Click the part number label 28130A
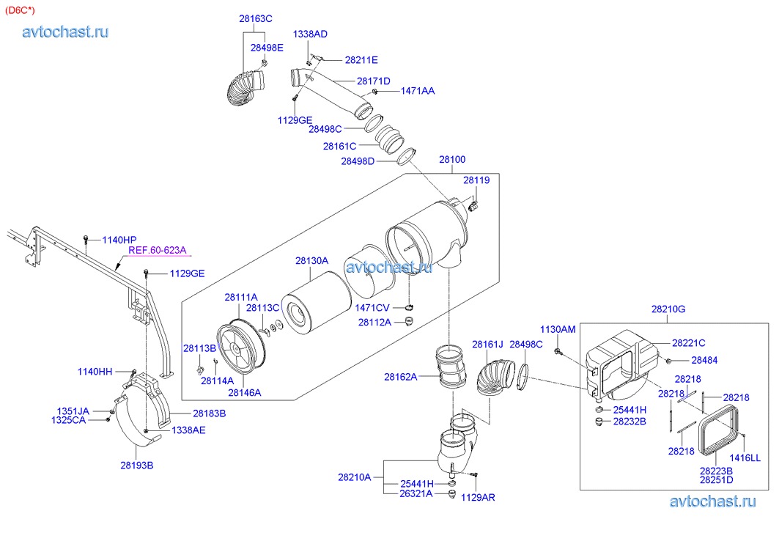click(311, 260)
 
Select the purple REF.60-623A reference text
click(158, 250)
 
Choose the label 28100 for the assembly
click(452, 159)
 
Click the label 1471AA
click(417, 91)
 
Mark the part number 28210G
click(668, 309)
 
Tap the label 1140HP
click(119, 240)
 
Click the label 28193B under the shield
click(137, 465)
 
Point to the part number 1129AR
click(478, 497)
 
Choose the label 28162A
click(400, 377)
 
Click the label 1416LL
click(745, 458)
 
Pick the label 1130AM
click(558, 330)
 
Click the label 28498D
click(358, 161)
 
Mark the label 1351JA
click(73, 411)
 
